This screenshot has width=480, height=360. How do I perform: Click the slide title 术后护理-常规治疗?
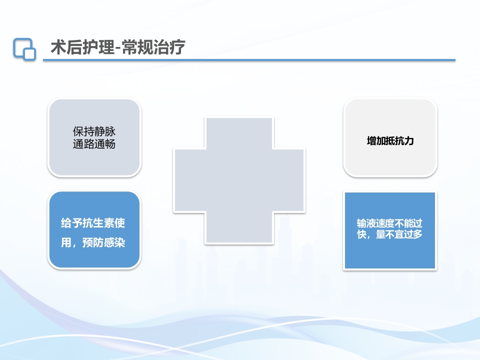tap(118, 47)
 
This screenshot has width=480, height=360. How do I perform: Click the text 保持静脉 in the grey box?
tap(94, 132)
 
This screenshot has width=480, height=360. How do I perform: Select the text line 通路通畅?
tap(94, 144)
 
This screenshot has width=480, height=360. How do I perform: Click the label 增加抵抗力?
tap(390, 141)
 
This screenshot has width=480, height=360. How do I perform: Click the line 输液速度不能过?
tap(389, 223)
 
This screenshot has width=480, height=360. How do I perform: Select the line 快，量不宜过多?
tap(389, 234)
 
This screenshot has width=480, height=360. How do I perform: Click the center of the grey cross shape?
tap(239, 180)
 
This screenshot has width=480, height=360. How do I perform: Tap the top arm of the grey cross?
tap(239, 132)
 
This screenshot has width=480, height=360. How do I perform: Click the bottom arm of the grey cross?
tap(239, 227)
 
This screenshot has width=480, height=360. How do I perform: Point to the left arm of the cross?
tap(189, 180)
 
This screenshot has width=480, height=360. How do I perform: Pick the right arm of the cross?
tap(289, 180)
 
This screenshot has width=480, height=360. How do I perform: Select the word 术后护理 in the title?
tap(78, 47)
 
